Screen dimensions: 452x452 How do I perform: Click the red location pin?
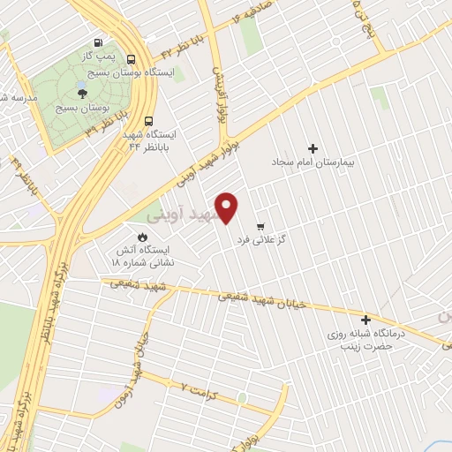click(228, 207)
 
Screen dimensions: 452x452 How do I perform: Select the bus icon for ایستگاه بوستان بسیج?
click(132, 60)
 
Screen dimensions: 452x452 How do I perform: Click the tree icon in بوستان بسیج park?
click(81, 91)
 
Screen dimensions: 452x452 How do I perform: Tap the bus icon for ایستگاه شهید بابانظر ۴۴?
click(147, 121)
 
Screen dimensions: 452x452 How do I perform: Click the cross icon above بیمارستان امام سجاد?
click(313, 148)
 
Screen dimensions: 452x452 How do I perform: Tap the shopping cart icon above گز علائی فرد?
click(260, 226)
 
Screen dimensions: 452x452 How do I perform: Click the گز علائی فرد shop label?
click(260, 240)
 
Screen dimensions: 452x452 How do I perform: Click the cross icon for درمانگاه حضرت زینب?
click(365, 320)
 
